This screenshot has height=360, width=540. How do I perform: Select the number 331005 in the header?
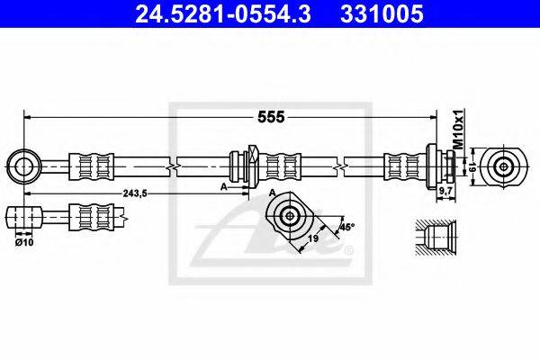pyautogui.click(x=380, y=14)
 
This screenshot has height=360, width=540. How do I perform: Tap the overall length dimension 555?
pyautogui.click(x=272, y=117)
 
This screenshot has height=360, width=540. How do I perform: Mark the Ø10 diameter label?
pyautogui.click(x=23, y=240)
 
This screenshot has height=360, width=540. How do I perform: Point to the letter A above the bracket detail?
pyautogui.click(x=272, y=193)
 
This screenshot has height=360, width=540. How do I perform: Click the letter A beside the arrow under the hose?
pyautogui.click(x=222, y=187)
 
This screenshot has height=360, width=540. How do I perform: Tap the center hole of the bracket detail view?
pyautogui.click(x=289, y=216)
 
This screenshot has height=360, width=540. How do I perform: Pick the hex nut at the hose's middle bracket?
pyautogui.click(x=250, y=166)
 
